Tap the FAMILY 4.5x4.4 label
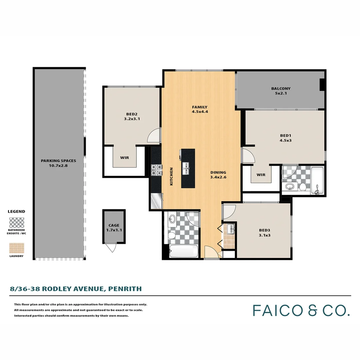[x=200, y=109]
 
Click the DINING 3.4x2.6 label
[x=218, y=175]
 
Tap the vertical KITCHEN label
[x=171, y=176]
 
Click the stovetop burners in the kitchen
[x=157, y=170]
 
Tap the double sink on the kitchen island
[x=186, y=168]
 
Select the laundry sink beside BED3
[x=231, y=229]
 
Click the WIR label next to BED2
[x=124, y=158]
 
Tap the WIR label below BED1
[x=261, y=175]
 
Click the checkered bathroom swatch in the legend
[x=17, y=223]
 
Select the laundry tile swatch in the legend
[x=17, y=248]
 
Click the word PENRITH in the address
[x=125, y=289]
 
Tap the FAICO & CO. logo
[x=301, y=310]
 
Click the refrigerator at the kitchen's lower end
[x=157, y=201]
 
